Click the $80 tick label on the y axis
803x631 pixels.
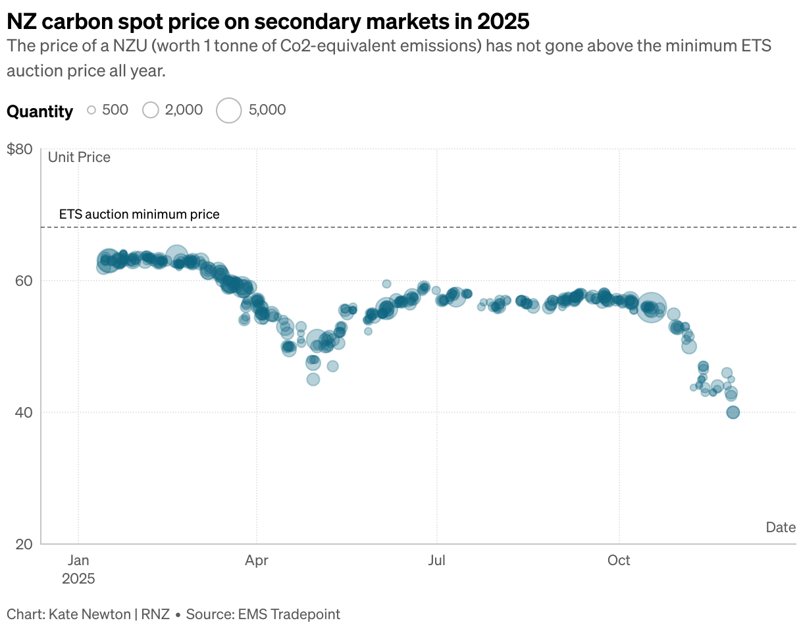pos(19,149)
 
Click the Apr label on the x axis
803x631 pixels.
pos(257,561)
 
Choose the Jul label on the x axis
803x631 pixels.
pos(436,561)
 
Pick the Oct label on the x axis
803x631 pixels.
pos(619,561)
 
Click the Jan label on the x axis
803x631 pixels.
pos(78,561)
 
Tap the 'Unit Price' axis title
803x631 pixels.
pos(79,157)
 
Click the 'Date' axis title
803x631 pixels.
pos(781,527)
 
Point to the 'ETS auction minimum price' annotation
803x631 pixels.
pos(139,214)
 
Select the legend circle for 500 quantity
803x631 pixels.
pos(91,110)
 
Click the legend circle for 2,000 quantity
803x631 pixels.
pos(151,110)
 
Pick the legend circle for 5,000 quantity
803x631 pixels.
pos(229,110)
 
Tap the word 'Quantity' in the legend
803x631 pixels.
pos(39,111)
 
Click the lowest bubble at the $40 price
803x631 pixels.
pos(733,412)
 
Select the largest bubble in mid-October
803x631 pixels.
pos(652,307)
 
